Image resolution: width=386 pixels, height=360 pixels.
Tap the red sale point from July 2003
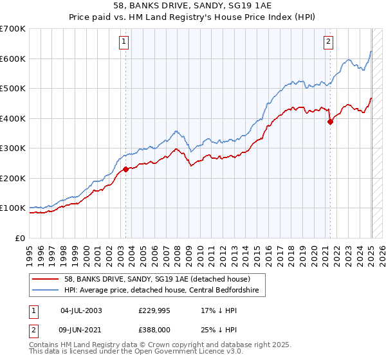125,169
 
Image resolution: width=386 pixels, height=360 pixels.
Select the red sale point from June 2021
330,122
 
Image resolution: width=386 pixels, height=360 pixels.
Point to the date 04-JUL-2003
81,310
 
